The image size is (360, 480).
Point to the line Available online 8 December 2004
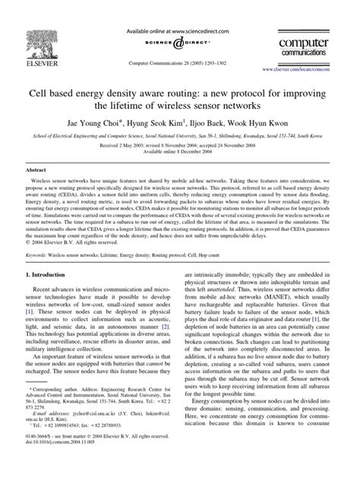click(x=179, y=150)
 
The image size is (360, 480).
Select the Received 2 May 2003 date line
click(x=179, y=144)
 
